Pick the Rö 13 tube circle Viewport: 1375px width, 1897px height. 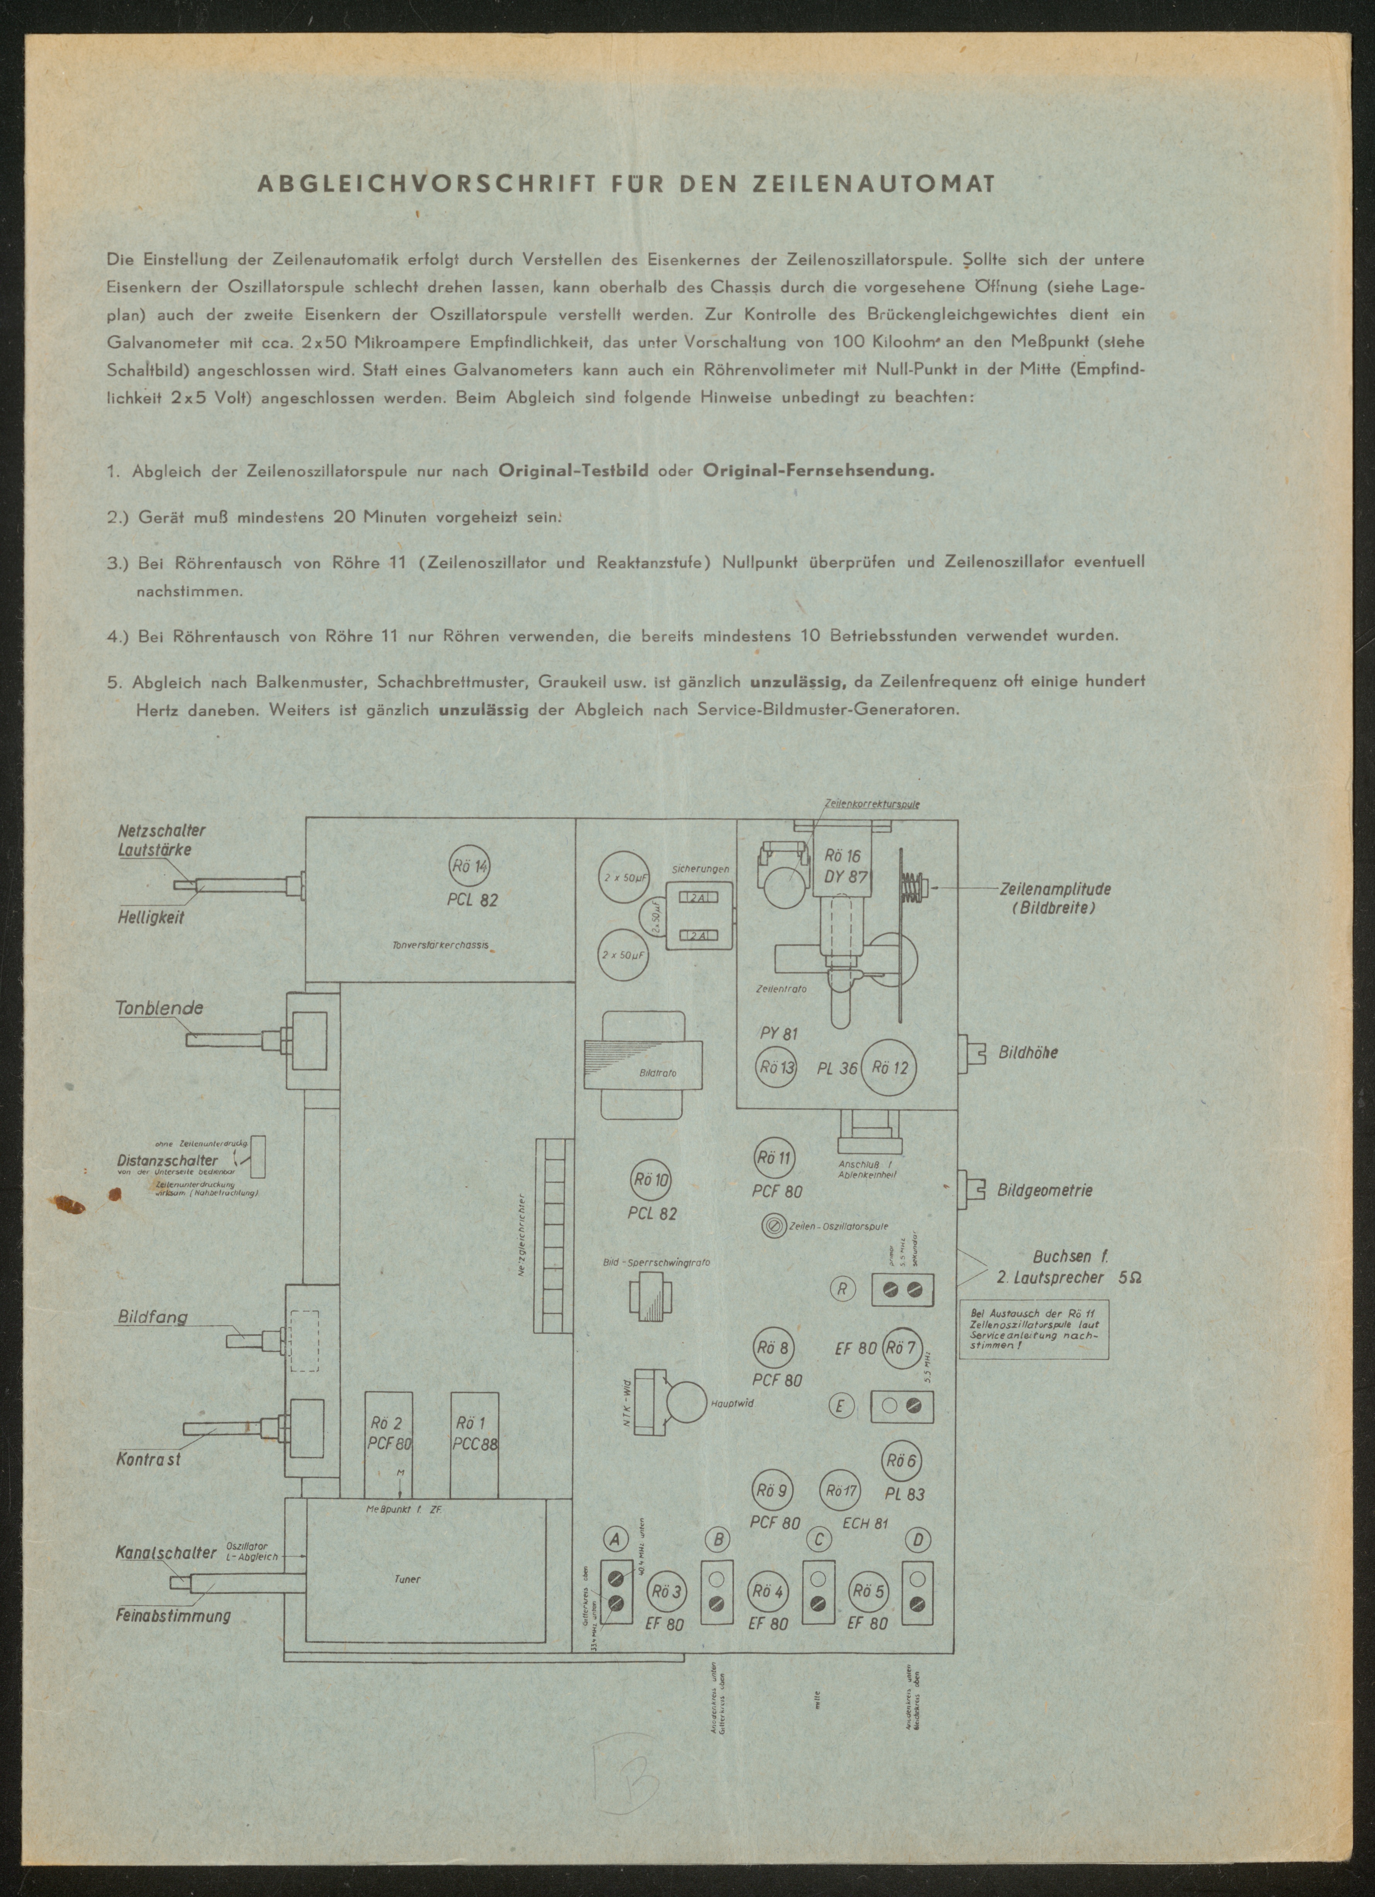(x=775, y=1067)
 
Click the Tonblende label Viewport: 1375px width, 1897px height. (x=159, y=1008)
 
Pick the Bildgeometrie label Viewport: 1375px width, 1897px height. (x=1045, y=1190)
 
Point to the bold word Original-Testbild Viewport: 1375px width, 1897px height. (x=573, y=470)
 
